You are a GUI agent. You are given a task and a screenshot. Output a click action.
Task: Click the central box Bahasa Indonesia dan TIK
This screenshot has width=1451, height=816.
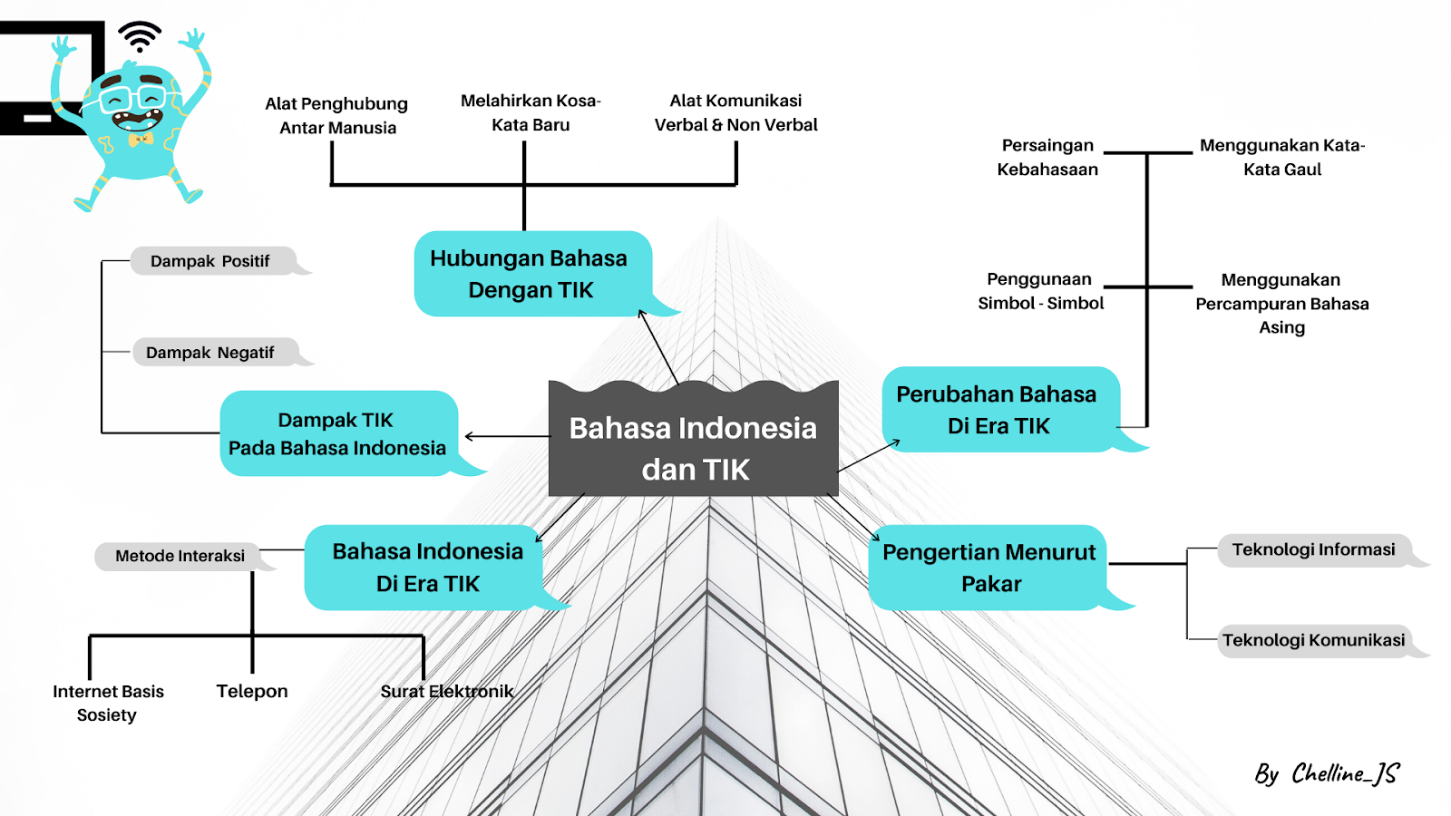694,447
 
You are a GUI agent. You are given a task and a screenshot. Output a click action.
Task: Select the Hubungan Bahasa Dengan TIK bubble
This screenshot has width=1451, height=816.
531,274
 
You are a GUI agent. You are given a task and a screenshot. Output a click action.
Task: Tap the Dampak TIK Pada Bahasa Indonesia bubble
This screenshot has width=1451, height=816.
337,433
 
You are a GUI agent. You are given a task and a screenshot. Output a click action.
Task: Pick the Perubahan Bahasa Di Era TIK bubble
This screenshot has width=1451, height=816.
998,409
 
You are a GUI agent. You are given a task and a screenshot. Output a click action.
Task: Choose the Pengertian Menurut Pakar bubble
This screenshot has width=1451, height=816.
988,568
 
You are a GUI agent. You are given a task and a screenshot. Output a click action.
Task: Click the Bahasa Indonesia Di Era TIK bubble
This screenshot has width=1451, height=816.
426,568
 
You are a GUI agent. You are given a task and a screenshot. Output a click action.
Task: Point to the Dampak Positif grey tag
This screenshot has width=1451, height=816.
210,261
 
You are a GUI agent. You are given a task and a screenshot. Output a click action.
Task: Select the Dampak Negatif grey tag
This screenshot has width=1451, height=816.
210,353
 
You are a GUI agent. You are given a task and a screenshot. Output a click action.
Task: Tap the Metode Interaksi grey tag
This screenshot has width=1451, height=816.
180,556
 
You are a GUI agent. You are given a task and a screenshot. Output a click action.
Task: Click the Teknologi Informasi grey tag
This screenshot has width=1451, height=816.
1313,549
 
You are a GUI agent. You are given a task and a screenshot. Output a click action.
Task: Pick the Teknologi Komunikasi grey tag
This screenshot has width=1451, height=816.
1313,640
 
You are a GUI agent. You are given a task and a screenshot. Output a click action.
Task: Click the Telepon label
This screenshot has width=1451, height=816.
252,691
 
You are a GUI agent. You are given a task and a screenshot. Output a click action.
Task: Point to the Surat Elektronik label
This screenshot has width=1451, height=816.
446,691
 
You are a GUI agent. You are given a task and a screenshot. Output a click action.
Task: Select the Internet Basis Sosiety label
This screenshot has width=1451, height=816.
108,703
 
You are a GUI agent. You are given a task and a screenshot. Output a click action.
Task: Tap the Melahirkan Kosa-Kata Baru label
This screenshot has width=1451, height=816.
531,112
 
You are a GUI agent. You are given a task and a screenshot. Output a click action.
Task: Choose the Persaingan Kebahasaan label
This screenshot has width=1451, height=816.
1047,157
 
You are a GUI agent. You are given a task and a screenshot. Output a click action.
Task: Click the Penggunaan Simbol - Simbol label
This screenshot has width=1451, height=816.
1040,291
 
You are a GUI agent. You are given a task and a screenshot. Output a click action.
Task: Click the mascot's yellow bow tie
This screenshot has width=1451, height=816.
141,140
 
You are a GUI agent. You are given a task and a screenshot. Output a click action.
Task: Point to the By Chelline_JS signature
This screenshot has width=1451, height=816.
1327,773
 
